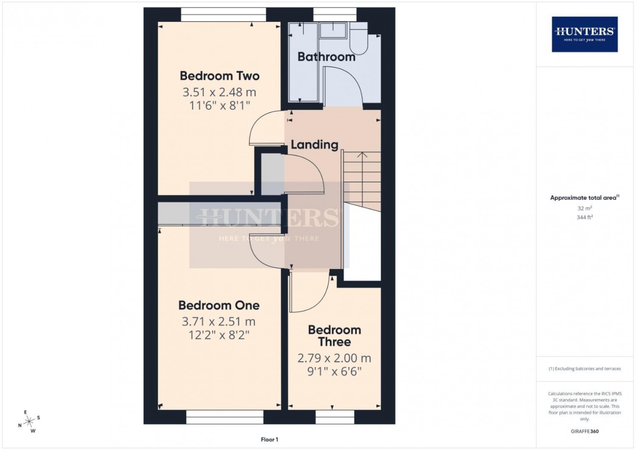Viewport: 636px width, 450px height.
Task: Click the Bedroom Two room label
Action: pyautogui.click(x=220, y=76)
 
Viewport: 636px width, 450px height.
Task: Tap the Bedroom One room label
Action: pyautogui.click(x=219, y=305)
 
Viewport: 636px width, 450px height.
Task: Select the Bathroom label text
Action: pyautogui.click(x=326, y=57)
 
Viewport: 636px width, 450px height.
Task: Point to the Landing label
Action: pyautogui.click(x=315, y=144)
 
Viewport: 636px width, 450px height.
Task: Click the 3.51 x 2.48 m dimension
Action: pyautogui.click(x=219, y=92)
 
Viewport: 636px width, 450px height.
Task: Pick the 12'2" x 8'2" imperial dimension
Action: pyautogui.click(x=219, y=335)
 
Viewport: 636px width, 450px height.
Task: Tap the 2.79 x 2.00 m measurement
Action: pyautogui.click(x=334, y=358)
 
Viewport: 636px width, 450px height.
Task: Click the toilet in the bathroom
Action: pyautogui.click(x=359, y=39)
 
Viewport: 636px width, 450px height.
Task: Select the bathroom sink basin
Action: pyautogui.click(x=333, y=31)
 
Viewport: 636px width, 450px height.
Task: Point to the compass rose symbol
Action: pyautogui.click(x=29, y=421)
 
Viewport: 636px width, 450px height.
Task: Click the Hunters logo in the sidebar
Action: pyautogui.click(x=585, y=34)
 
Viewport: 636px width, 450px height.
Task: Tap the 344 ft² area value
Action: pyautogui.click(x=585, y=217)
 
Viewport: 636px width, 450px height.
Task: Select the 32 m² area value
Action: pyautogui.click(x=585, y=208)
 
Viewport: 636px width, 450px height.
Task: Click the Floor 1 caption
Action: pyautogui.click(x=269, y=439)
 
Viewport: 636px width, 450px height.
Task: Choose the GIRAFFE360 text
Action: pyautogui.click(x=585, y=431)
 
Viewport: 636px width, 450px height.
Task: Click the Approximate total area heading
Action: pyautogui.click(x=585, y=197)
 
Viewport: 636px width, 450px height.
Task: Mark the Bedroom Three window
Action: pyautogui.click(x=335, y=417)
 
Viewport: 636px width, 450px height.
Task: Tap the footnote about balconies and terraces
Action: pyautogui.click(x=585, y=368)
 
